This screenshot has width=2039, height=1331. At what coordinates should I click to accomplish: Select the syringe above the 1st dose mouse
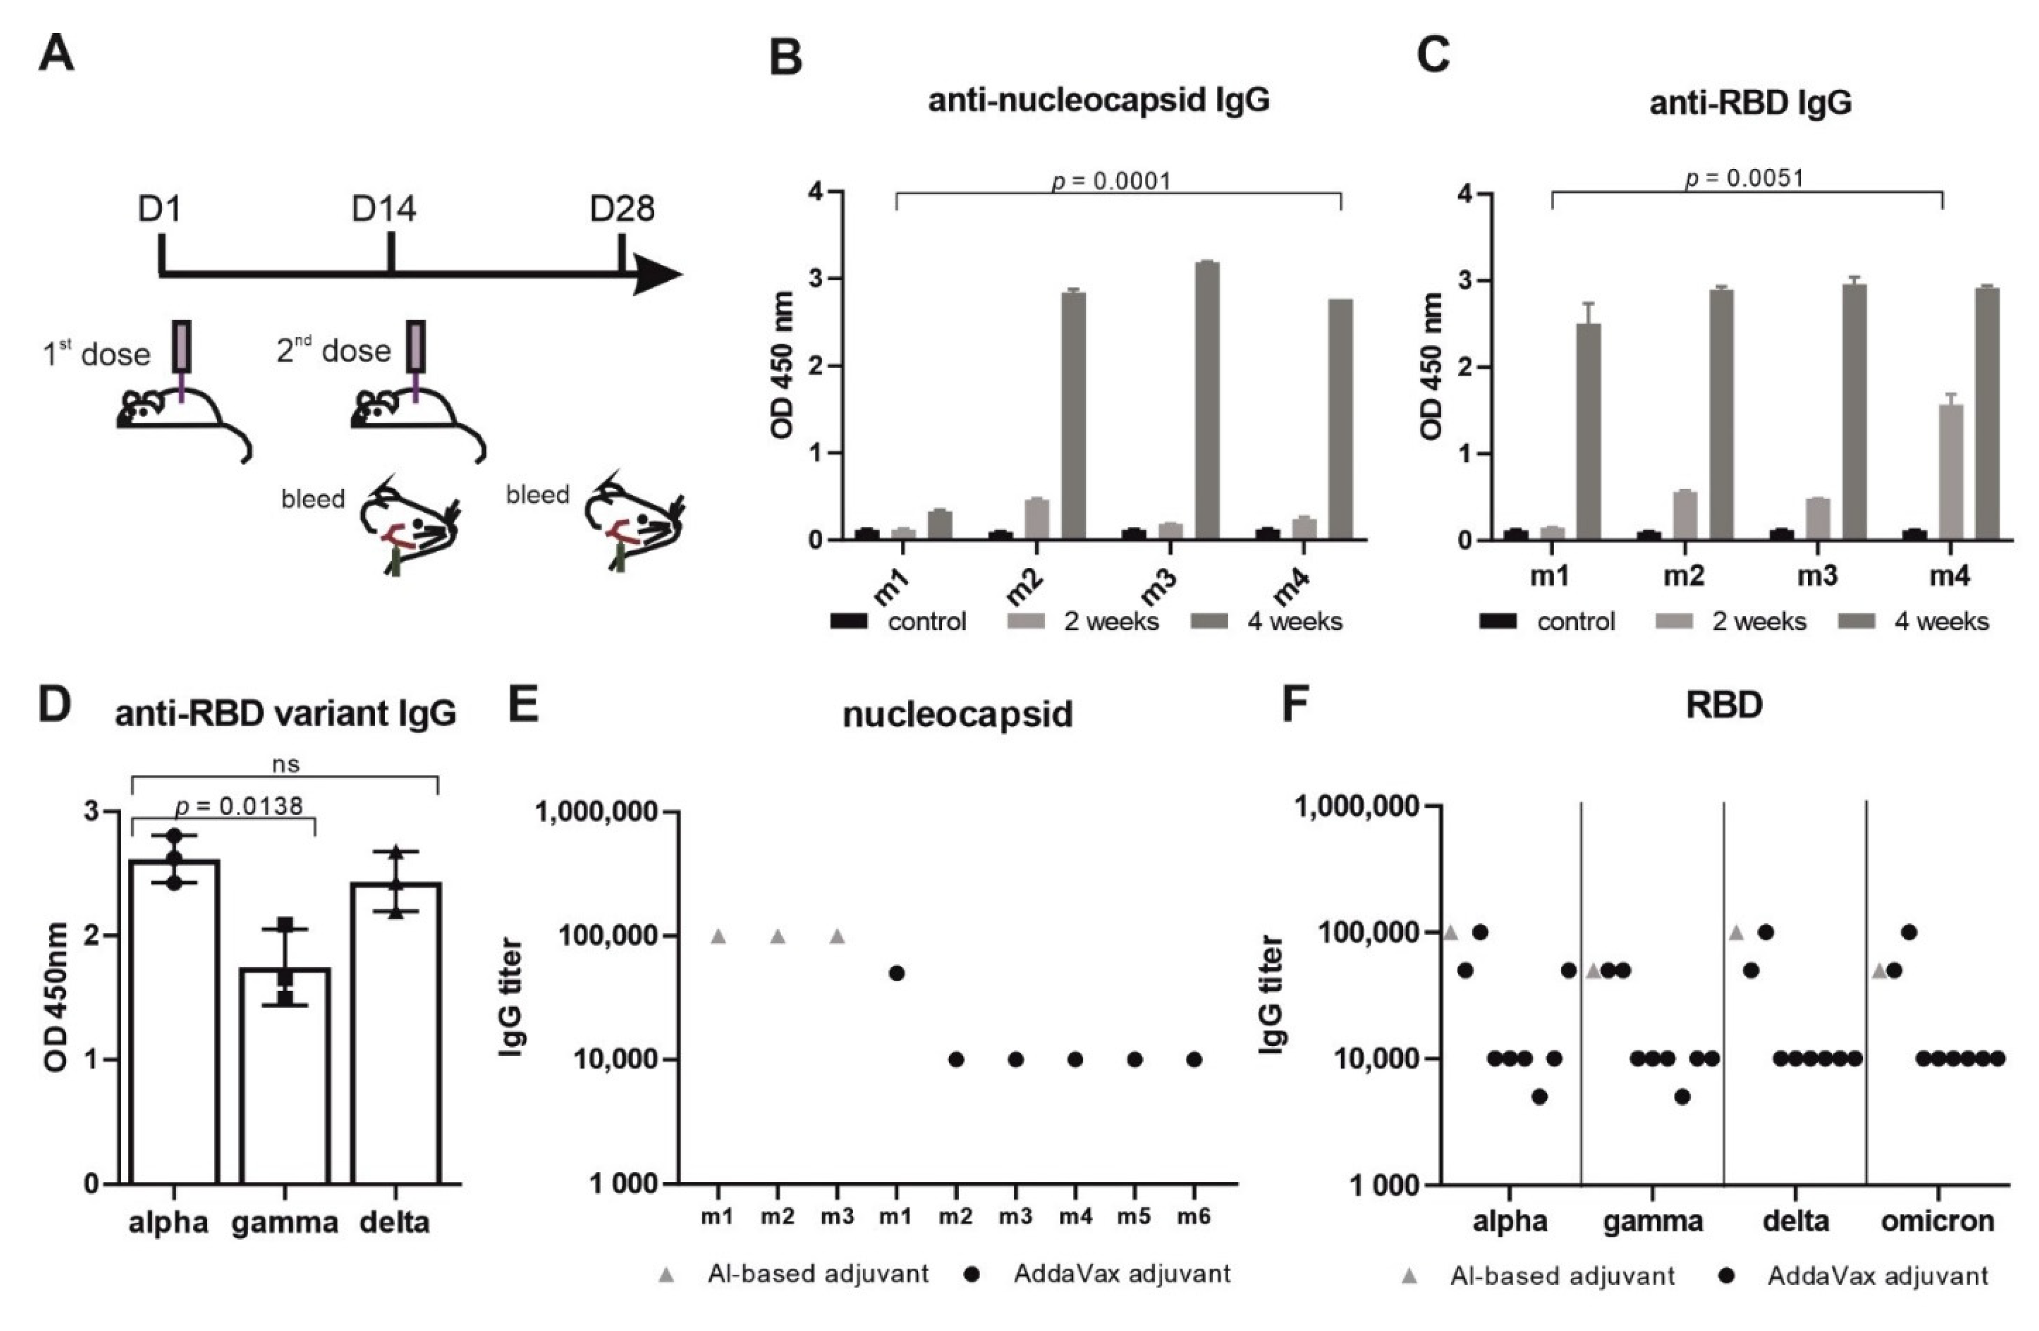point(182,347)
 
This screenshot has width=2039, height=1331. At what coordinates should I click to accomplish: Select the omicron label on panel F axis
point(1937,1221)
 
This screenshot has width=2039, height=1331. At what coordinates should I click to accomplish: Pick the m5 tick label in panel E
point(1133,1216)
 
